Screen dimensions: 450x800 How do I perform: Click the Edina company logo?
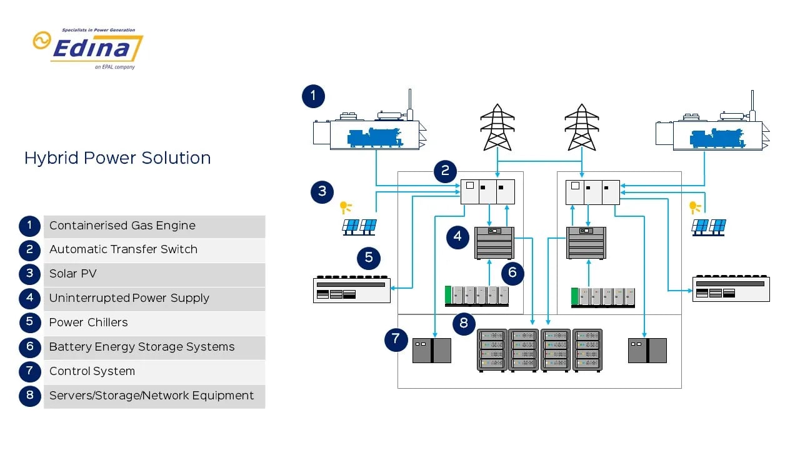pos(88,49)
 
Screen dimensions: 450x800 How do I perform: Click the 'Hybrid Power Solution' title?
pos(117,158)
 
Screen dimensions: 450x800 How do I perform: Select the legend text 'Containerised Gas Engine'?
pos(122,226)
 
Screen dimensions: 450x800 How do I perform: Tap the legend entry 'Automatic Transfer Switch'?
pos(123,249)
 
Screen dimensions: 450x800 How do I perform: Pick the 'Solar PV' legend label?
pos(73,274)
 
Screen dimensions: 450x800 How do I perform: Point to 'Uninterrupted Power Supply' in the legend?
pos(129,298)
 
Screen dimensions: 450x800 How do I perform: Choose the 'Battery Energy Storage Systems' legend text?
pos(142,347)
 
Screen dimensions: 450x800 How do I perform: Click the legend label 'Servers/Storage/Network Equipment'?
pos(151,396)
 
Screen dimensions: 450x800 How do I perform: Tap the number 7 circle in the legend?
pos(30,371)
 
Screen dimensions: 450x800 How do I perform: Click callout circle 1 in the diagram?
pos(313,97)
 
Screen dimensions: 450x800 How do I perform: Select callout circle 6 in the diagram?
pos(512,272)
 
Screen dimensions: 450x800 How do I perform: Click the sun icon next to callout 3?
pos(344,207)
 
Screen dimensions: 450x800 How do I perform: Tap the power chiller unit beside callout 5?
pos(351,290)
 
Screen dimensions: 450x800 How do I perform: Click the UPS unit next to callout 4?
pos(494,242)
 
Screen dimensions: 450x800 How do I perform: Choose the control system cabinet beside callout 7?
pos(431,351)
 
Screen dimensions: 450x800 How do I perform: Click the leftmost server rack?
pos(492,350)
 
